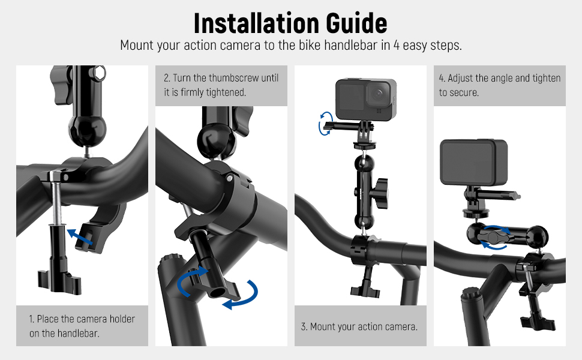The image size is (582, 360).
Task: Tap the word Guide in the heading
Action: click(354, 23)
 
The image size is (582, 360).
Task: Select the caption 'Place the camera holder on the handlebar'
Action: click(82, 326)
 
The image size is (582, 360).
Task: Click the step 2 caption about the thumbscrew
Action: click(221, 85)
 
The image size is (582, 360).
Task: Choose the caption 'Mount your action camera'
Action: click(359, 327)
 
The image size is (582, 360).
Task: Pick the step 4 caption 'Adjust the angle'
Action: click(499, 85)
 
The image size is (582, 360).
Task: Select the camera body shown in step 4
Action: click(473, 162)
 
